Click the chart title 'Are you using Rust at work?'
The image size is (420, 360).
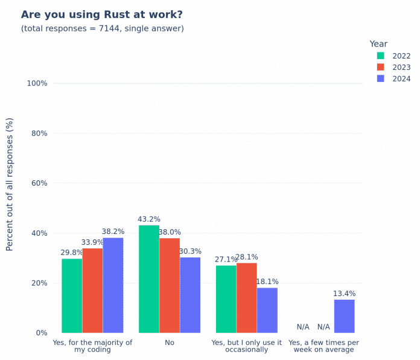101,14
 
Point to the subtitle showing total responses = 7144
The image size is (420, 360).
103,28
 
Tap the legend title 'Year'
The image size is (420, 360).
378,44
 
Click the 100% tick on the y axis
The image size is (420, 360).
37,83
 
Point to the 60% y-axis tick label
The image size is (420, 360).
39,183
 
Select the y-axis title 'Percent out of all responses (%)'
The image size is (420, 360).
10,184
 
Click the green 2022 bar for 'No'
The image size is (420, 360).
149,279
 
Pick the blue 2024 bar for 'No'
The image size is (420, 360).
190,295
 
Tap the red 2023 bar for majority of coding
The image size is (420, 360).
92,290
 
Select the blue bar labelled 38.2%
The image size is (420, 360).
113,285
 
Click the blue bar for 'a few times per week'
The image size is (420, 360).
344,316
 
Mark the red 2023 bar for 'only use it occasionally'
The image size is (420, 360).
247,297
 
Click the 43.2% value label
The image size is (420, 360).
149,219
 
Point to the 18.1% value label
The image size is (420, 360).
267,282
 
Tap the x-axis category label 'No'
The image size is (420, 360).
170,343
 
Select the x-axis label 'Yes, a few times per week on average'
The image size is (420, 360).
323,346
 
